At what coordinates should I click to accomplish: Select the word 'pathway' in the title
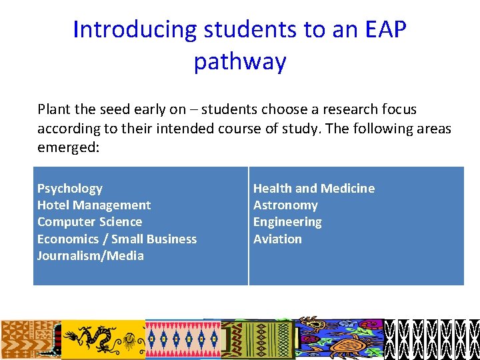coord(240,61)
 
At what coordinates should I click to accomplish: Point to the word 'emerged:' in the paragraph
coord(68,147)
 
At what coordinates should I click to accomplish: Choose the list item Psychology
coord(70,189)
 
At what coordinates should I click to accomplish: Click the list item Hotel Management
coord(94,205)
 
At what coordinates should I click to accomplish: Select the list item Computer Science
coord(89,222)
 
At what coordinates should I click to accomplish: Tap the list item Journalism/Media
coord(91,256)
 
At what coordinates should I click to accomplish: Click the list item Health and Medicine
coord(314,189)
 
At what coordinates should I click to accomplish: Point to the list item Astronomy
coord(285,205)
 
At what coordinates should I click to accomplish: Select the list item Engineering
coord(287,222)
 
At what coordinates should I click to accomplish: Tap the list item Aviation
coord(277,239)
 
